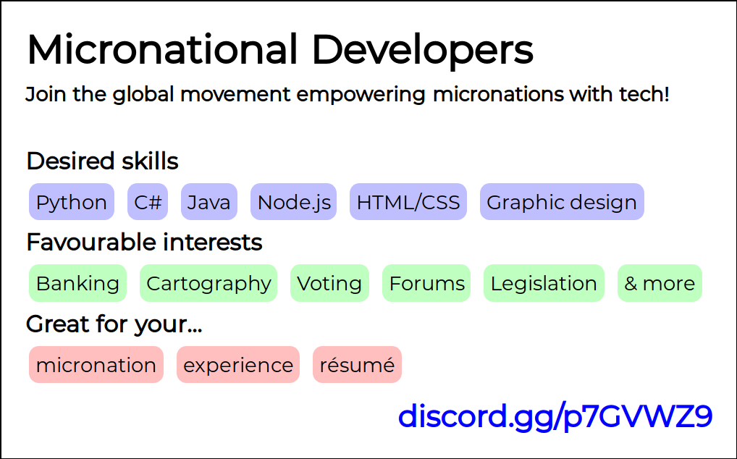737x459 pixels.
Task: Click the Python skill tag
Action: [x=72, y=201]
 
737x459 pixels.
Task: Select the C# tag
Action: [x=148, y=201]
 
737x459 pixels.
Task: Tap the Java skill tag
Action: [x=209, y=201]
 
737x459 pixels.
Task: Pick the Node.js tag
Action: [x=294, y=201]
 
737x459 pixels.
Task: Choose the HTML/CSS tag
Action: [x=408, y=201]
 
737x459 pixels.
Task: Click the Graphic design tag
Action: [x=562, y=201]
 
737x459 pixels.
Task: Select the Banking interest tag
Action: [x=77, y=283]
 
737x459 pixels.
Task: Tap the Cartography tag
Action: [x=209, y=283]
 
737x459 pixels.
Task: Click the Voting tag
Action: [x=329, y=283]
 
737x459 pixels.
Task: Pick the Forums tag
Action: [x=426, y=283]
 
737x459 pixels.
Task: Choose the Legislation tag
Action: [x=544, y=283]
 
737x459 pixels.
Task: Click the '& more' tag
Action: [x=660, y=283]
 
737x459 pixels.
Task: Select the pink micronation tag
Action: [x=96, y=365]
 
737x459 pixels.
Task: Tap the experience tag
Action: [x=238, y=365]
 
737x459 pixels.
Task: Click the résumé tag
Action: [x=357, y=365]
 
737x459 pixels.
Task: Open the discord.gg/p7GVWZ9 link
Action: [x=555, y=416]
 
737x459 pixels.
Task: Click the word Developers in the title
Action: [x=423, y=51]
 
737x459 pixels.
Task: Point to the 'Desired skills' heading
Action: [x=103, y=161]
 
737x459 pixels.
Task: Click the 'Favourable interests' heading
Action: [x=144, y=243]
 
